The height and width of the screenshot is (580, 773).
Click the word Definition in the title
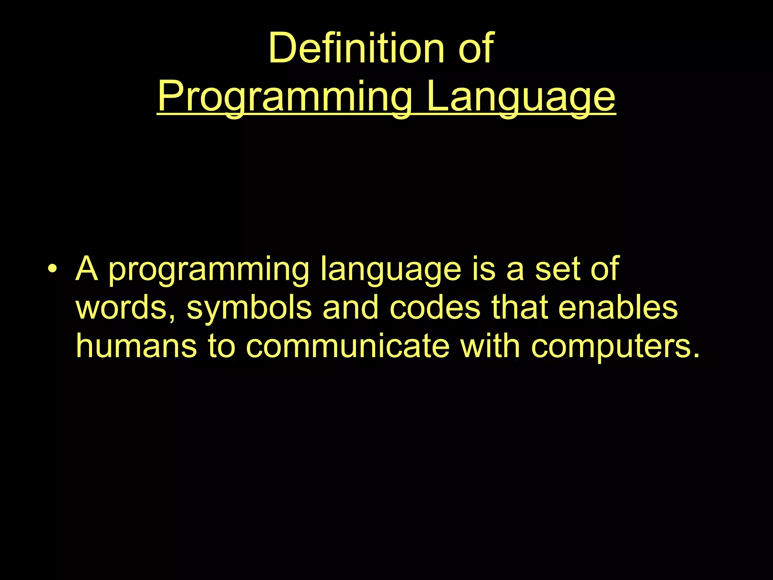point(356,48)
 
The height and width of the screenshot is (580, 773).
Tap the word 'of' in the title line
point(476,48)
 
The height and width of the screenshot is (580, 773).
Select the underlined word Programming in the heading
point(285,97)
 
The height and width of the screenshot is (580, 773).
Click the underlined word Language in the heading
point(521,97)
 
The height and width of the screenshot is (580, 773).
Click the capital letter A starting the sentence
point(87,269)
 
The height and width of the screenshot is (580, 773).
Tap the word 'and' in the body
point(350,307)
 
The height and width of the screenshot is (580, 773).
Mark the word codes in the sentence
point(435,307)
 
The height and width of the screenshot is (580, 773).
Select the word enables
point(618,307)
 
